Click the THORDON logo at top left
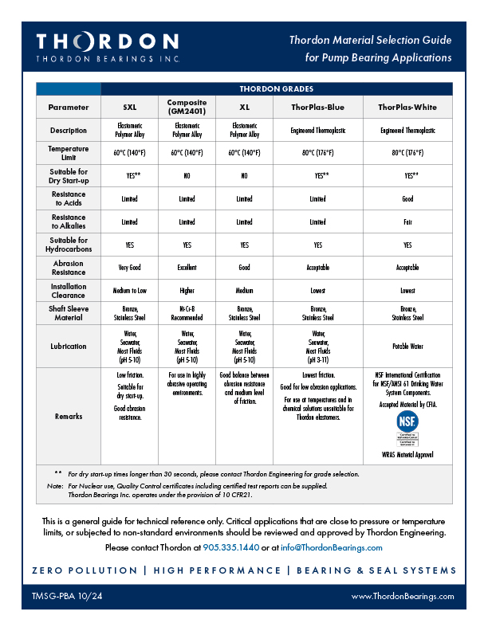[x=108, y=47]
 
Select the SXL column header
[x=130, y=107]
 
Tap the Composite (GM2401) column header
[x=187, y=107]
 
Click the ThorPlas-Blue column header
[x=317, y=107]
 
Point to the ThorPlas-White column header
[x=407, y=107]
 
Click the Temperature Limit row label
[x=68, y=153]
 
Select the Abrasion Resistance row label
[x=68, y=268]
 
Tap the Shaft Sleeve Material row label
[x=68, y=314]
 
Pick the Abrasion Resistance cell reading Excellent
[x=187, y=268]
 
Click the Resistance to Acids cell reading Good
[x=407, y=199]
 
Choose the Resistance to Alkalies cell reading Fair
[x=407, y=222]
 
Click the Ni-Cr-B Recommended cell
[x=187, y=314]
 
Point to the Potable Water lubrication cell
[x=407, y=347]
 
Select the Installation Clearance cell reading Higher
[x=187, y=291]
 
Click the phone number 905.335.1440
[x=231, y=547]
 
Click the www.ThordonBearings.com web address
[x=403, y=595]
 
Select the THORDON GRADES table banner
[x=276, y=88]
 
